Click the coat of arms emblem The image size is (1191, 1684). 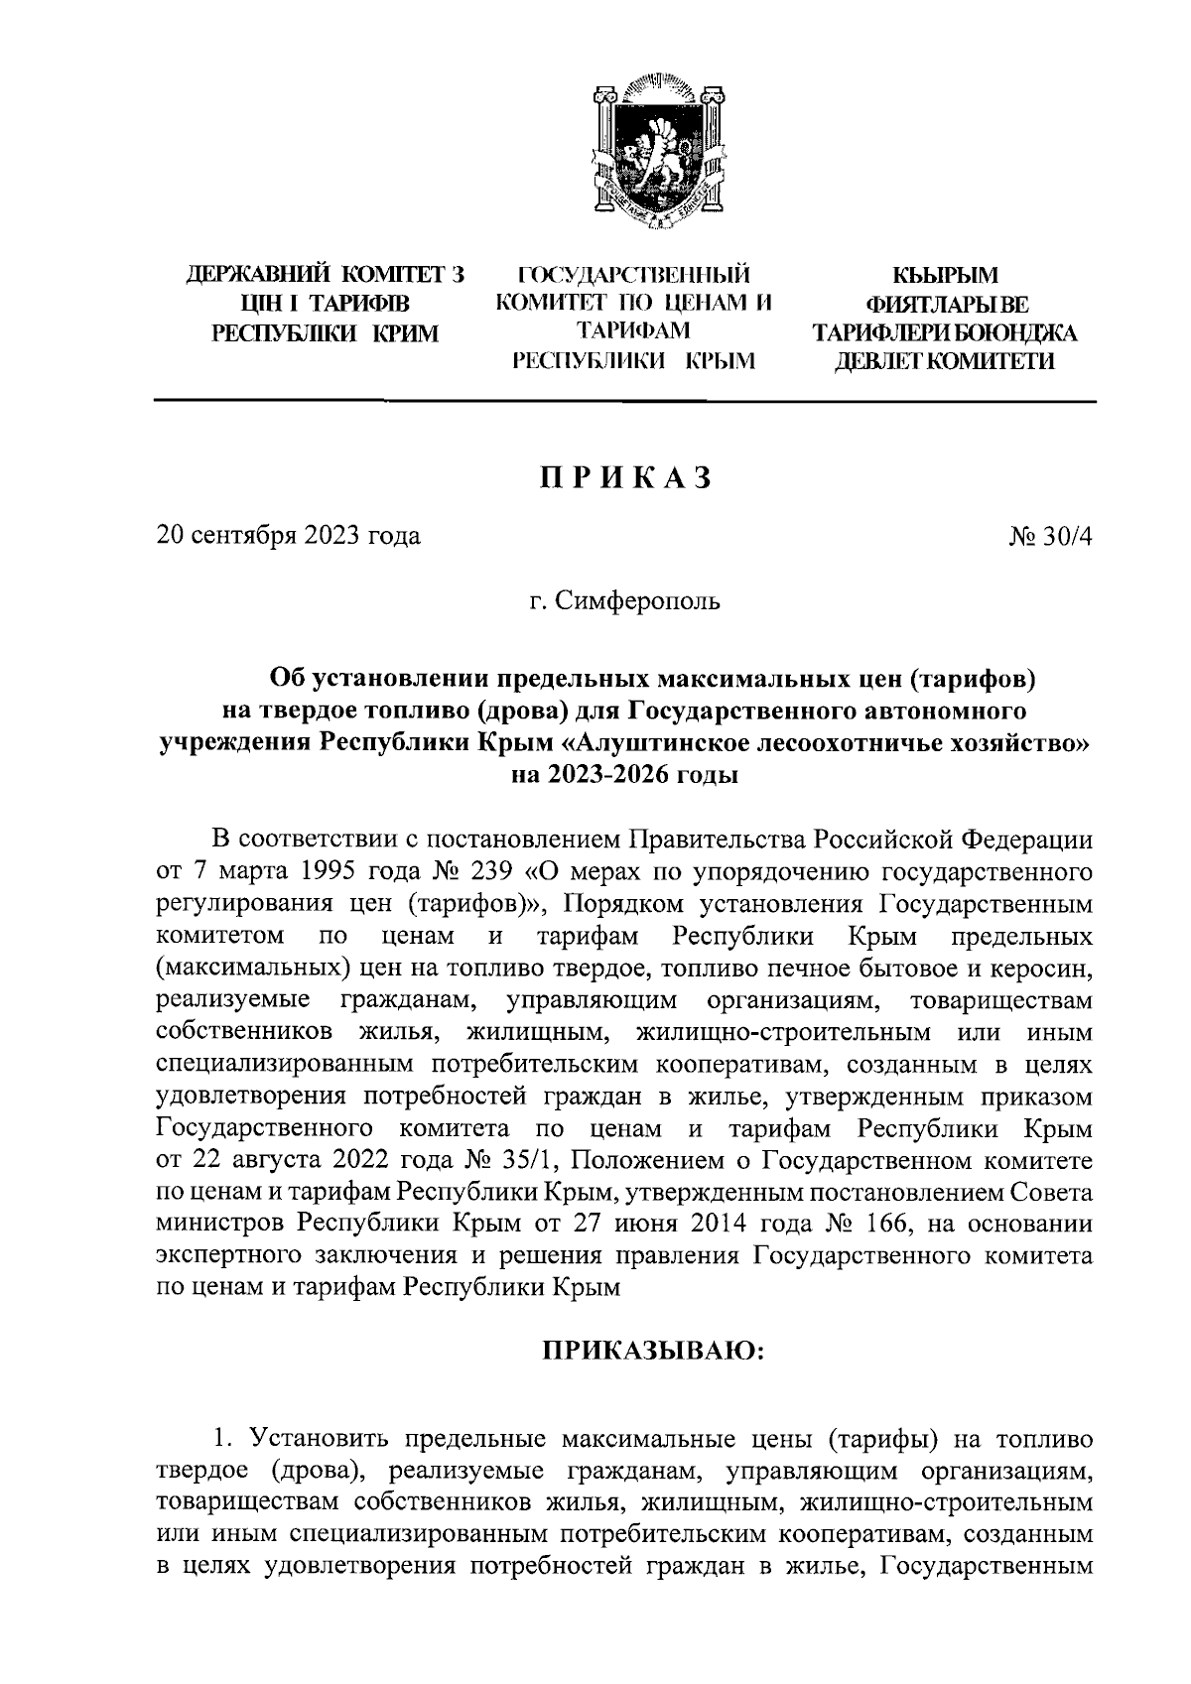point(654,156)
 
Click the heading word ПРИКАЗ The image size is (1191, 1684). point(625,476)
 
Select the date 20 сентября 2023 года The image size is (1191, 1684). point(289,536)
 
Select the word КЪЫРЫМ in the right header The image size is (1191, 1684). point(944,275)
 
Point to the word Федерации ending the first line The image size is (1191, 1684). point(1029,840)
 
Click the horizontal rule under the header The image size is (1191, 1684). point(624,401)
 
